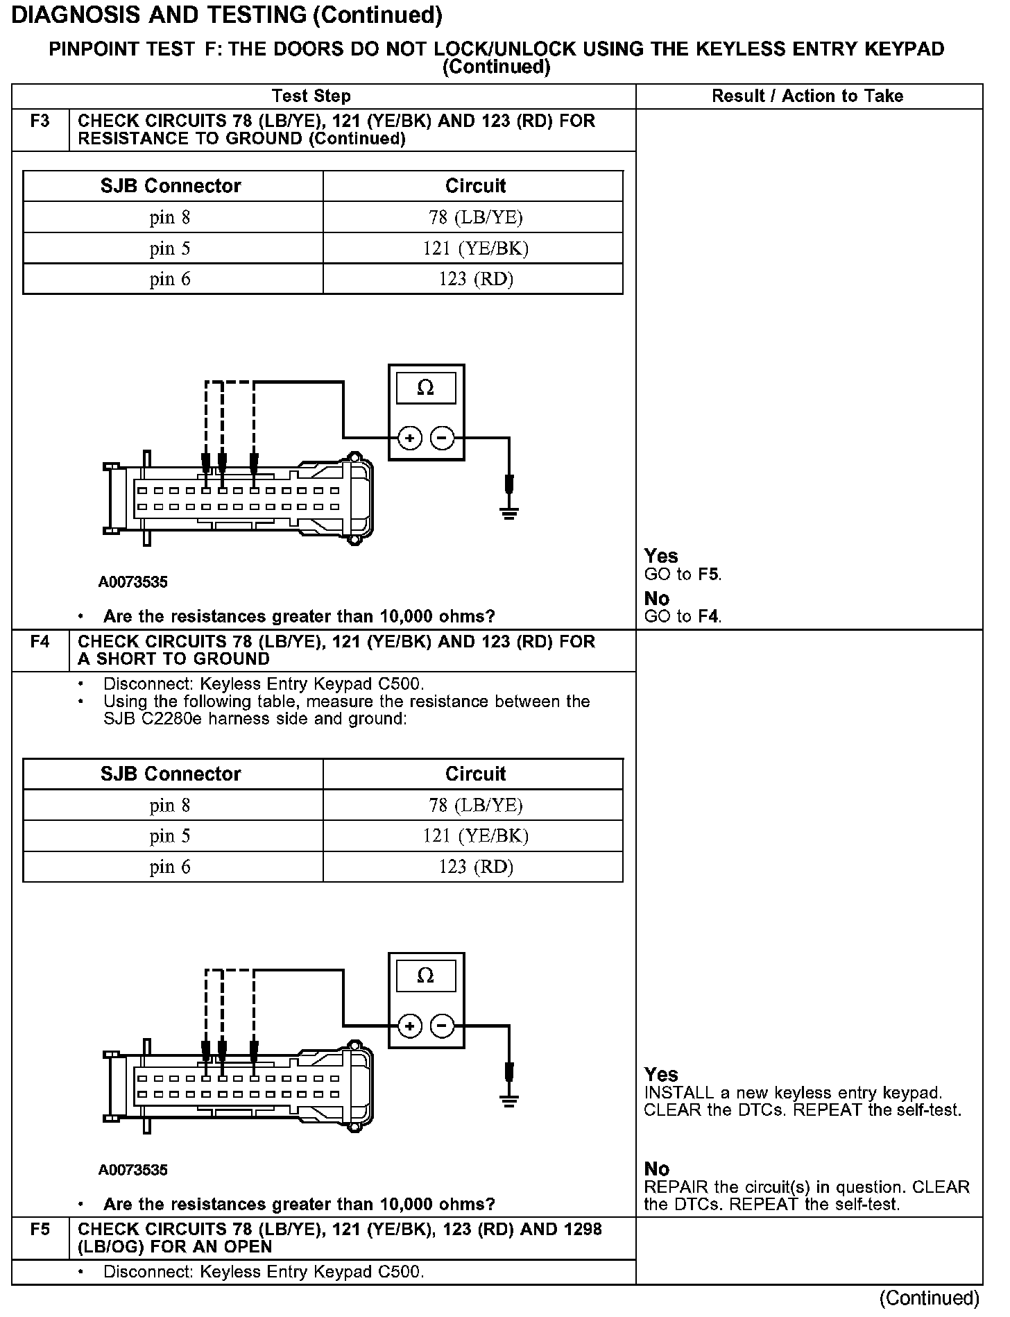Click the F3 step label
40,121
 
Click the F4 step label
40,642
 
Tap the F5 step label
40,1230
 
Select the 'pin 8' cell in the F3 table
170,218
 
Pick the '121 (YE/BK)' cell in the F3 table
475,248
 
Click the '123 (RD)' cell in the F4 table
475,867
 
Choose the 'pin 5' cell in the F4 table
170,836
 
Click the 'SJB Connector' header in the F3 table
171,186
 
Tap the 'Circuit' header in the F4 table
475,774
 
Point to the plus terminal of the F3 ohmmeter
410,438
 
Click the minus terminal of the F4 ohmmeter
442,1026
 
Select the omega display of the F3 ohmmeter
426,388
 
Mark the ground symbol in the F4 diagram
509,1100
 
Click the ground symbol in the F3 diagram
509,513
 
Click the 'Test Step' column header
311,96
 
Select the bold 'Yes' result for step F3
660,556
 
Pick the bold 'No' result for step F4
656,1169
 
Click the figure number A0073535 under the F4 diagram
132,1170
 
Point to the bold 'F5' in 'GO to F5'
708,575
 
